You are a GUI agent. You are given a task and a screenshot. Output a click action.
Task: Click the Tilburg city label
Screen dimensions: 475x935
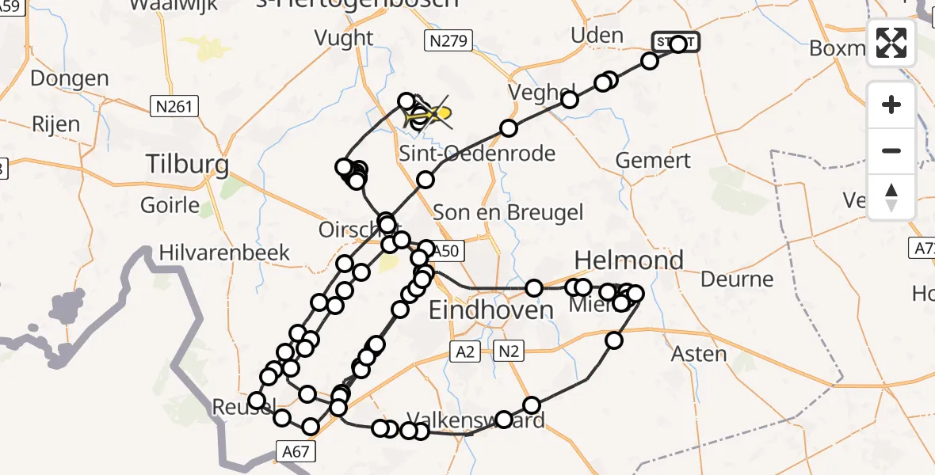point(188,165)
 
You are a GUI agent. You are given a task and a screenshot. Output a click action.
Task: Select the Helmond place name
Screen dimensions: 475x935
point(628,260)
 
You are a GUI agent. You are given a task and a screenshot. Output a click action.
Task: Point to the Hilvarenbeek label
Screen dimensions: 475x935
point(224,253)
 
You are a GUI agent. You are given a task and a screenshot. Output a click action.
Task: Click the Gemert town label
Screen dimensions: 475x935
point(653,160)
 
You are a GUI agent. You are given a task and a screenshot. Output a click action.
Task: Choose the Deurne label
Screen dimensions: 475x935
point(736,279)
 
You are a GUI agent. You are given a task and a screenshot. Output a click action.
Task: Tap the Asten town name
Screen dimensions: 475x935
point(699,353)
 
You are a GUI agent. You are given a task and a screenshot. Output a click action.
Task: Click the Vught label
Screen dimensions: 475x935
point(343,37)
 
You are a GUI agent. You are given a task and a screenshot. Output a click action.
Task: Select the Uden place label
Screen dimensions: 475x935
point(597,35)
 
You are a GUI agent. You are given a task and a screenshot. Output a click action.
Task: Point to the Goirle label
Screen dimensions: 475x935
point(170,205)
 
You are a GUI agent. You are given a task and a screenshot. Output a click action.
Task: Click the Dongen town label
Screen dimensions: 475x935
point(70,78)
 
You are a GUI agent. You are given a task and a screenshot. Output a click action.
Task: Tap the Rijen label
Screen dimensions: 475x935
point(55,124)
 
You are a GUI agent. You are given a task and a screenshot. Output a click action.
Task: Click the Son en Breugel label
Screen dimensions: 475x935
point(508,212)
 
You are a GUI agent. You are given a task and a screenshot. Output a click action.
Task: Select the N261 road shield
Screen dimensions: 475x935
point(173,106)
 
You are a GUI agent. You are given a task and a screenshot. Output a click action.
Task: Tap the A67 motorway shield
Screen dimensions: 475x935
point(297,451)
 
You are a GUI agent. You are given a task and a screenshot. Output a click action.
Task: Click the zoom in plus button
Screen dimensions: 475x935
point(891,104)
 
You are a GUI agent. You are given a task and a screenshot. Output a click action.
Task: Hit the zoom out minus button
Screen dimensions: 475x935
point(891,150)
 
